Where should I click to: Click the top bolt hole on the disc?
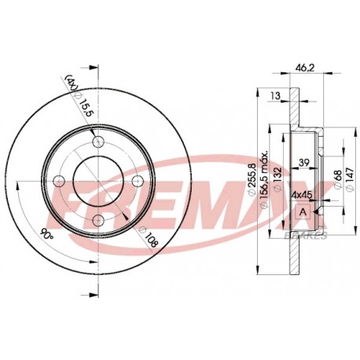[98, 141]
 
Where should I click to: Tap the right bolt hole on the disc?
[137, 181]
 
